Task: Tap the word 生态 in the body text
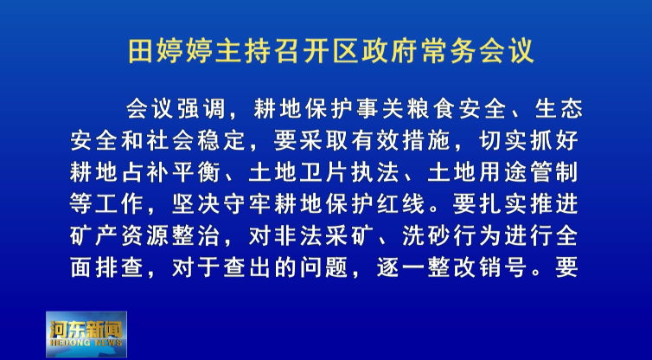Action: (x=559, y=109)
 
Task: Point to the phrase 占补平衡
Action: (x=170, y=173)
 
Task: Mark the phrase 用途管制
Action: (x=528, y=173)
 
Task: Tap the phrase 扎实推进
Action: (x=528, y=204)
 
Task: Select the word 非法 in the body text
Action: (x=297, y=236)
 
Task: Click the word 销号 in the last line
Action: (x=502, y=268)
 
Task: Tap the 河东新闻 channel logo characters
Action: (x=86, y=329)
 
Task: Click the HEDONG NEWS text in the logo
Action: (x=86, y=343)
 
